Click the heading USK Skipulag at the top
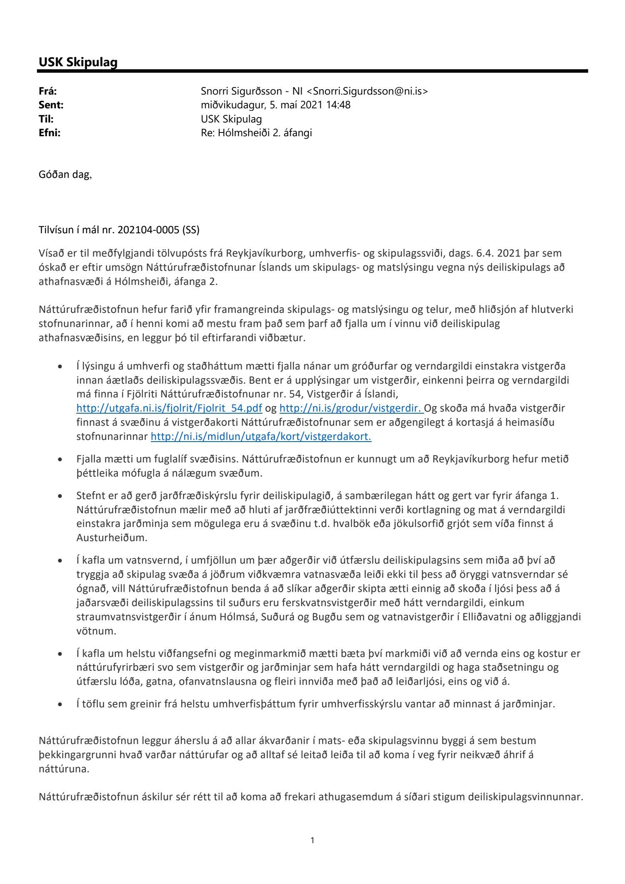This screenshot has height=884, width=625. (x=78, y=62)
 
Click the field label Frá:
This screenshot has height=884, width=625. (x=48, y=91)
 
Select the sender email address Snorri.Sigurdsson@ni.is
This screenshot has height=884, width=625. (x=370, y=91)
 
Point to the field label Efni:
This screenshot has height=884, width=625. (x=50, y=133)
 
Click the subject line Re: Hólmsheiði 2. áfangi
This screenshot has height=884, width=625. (x=256, y=133)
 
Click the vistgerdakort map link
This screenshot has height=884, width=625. (x=261, y=437)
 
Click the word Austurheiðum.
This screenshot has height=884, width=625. (x=112, y=538)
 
